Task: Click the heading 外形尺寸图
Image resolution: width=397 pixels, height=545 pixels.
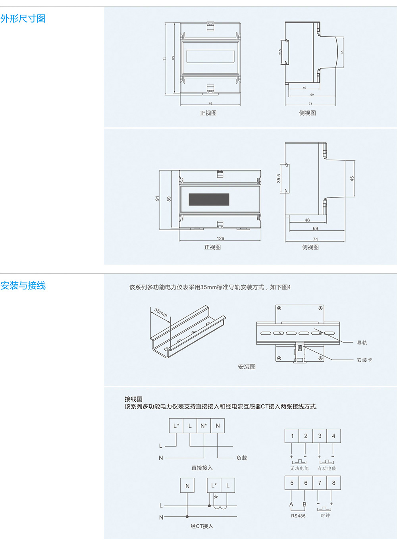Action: tap(23, 19)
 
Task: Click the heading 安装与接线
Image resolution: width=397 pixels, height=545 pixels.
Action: tap(23, 285)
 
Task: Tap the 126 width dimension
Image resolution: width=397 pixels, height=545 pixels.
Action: tap(220, 239)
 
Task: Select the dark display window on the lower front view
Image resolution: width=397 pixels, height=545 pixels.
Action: tap(209, 199)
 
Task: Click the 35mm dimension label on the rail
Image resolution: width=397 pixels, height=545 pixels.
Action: tap(161, 312)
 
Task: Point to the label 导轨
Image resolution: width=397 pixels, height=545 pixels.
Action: tap(362, 343)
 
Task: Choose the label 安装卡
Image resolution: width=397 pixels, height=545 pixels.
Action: tap(364, 360)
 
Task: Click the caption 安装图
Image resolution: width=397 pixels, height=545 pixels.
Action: tap(247, 367)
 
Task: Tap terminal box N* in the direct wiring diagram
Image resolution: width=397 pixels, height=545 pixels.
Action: tap(204, 426)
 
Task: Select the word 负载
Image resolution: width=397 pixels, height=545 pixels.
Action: tap(241, 458)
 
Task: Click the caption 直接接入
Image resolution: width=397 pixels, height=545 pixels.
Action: tap(202, 468)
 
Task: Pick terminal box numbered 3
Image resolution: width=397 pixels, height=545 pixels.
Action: tap(320, 436)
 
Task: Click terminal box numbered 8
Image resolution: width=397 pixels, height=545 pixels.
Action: tap(333, 483)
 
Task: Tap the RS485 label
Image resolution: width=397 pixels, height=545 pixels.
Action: tap(298, 516)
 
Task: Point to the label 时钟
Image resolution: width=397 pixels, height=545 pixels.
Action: tap(325, 516)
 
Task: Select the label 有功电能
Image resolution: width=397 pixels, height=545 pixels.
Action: tap(327, 468)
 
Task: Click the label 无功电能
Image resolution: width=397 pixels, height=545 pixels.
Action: tap(299, 468)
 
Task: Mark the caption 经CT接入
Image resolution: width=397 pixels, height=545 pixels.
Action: tap(202, 526)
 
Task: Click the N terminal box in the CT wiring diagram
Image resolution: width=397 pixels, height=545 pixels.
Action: tap(187, 485)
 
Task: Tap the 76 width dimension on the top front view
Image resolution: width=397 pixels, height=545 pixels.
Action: tap(210, 103)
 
